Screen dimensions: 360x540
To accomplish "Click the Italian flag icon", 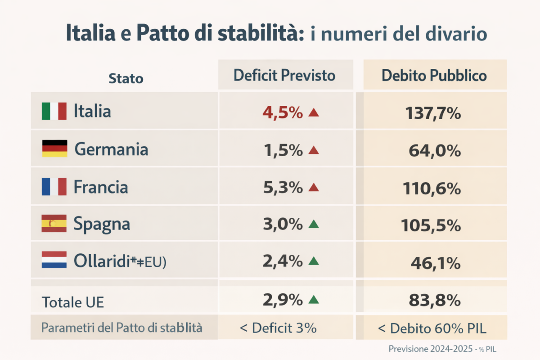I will [x=54, y=111].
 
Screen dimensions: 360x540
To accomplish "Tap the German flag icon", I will [x=54, y=148].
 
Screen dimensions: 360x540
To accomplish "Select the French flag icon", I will [x=54, y=186].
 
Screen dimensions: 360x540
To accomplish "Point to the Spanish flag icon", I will [x=54, y=224].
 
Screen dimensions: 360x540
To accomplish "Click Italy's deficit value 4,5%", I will [x=283, y=112].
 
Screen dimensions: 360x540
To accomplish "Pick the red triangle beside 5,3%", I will [x=314, y=188].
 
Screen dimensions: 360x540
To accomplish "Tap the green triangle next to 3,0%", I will [x=314, y=224].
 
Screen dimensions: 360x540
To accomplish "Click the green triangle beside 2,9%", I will [x=314, y=299].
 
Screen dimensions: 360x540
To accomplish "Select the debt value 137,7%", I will [x=433, y=113].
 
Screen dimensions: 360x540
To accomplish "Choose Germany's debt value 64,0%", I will [x=435, y=151].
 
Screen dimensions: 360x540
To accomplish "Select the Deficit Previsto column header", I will [x=284, y=75].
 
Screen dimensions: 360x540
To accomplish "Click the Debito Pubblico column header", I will [x=434, y=75].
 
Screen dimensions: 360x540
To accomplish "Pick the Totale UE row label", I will [x=72, y=302].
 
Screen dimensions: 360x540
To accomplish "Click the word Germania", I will [x=111, y=149].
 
